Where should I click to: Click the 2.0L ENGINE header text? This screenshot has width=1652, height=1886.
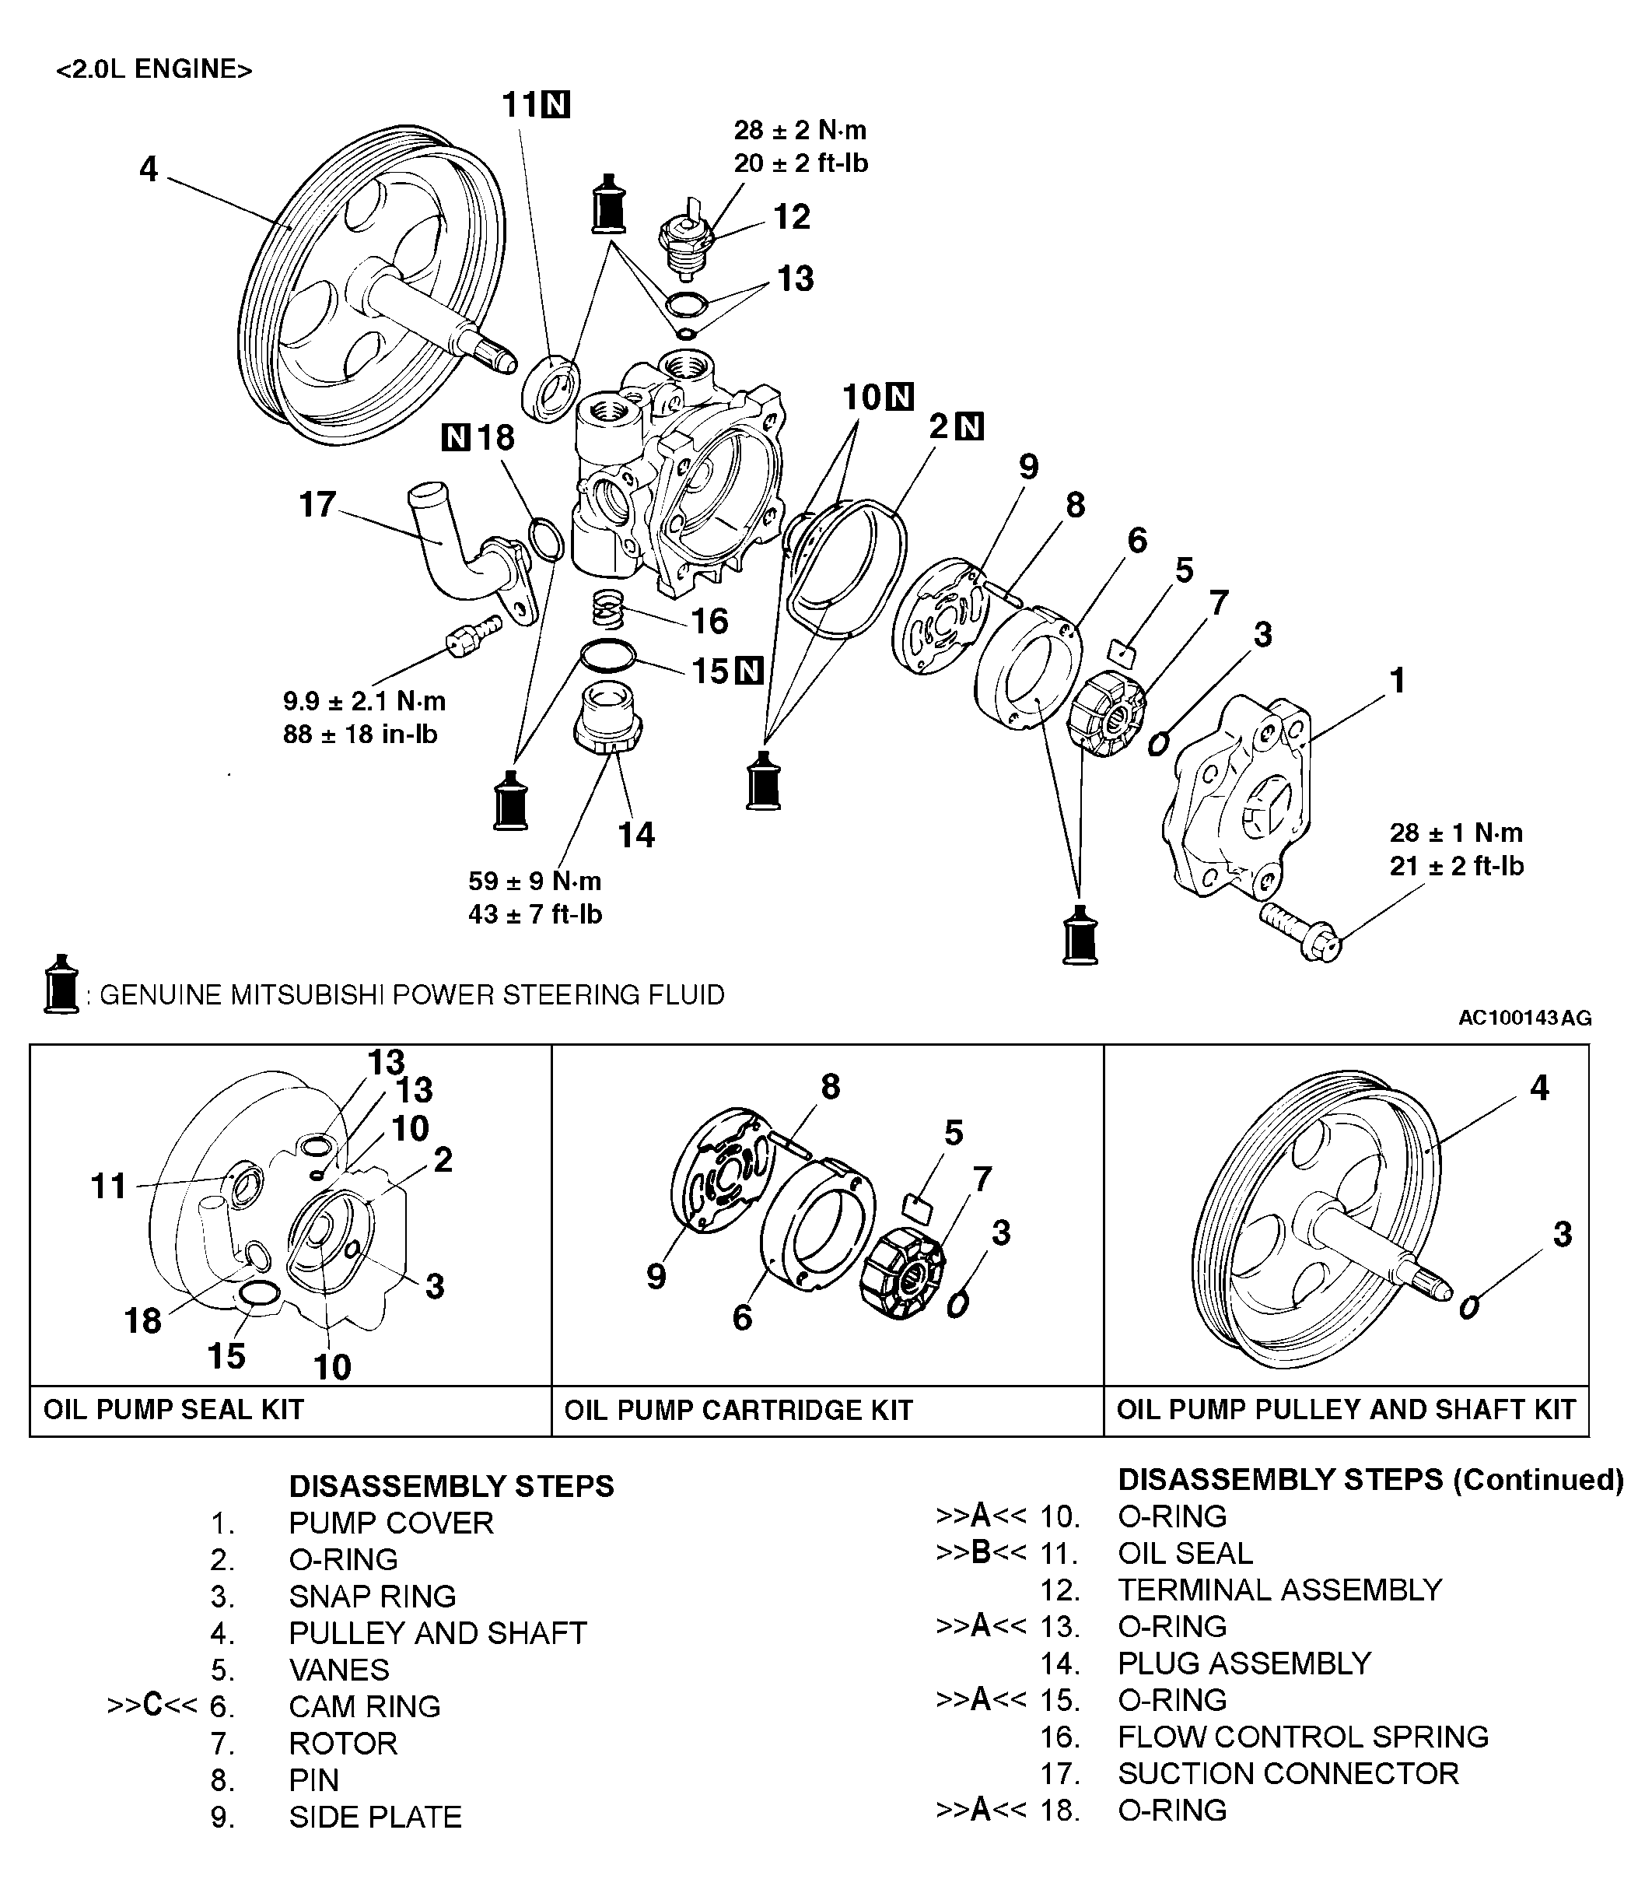pos(154,70)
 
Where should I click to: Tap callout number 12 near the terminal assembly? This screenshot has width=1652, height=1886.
pos(792,217)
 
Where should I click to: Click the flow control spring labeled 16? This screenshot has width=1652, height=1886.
pos(608,608)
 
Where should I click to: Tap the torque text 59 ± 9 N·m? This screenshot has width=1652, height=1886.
pos(534,881)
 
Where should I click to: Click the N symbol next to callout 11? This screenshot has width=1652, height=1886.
pos(556,105)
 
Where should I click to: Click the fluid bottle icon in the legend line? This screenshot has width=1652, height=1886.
pos(61,985)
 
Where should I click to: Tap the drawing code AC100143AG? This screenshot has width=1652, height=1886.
pos(1524,1018)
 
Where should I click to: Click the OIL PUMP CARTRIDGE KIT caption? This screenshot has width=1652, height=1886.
pos(737,1410)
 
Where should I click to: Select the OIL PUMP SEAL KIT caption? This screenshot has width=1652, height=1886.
pos(173,1409)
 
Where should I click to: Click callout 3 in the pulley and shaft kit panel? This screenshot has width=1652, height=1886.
pos(1562,1234)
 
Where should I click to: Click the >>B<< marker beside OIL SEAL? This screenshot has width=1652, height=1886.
pos(981,1553)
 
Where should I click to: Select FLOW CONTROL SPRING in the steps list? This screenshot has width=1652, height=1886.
pos(1303,1737)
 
